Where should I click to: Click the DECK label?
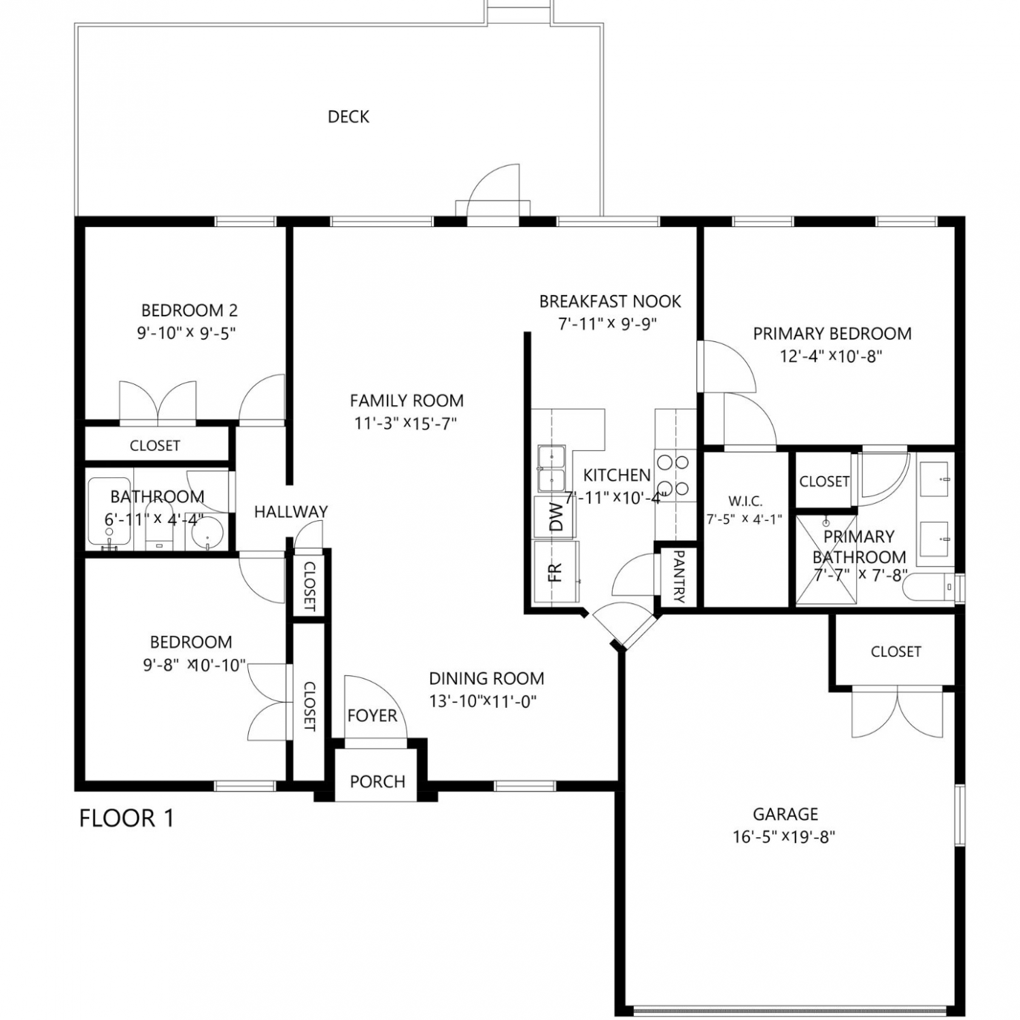[348, 117]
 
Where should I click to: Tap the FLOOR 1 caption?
[126, 818]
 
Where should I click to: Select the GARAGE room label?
[785, 814]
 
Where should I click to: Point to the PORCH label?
[377, 782]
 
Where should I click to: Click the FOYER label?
[372, 715]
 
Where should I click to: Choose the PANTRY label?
[678, 577]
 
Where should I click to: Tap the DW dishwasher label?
[556, 517]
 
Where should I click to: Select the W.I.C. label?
[745, 501]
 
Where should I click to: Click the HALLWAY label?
[291, 511]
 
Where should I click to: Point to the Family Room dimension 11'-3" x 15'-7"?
[405, 423]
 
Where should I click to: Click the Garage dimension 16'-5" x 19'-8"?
[783, 836]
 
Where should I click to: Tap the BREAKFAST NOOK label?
[610, 301]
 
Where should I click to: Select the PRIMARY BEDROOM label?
[832, 334]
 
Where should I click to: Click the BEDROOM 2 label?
[190, 311]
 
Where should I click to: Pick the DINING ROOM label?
[487, 679]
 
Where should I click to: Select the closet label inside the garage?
[896, 651]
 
